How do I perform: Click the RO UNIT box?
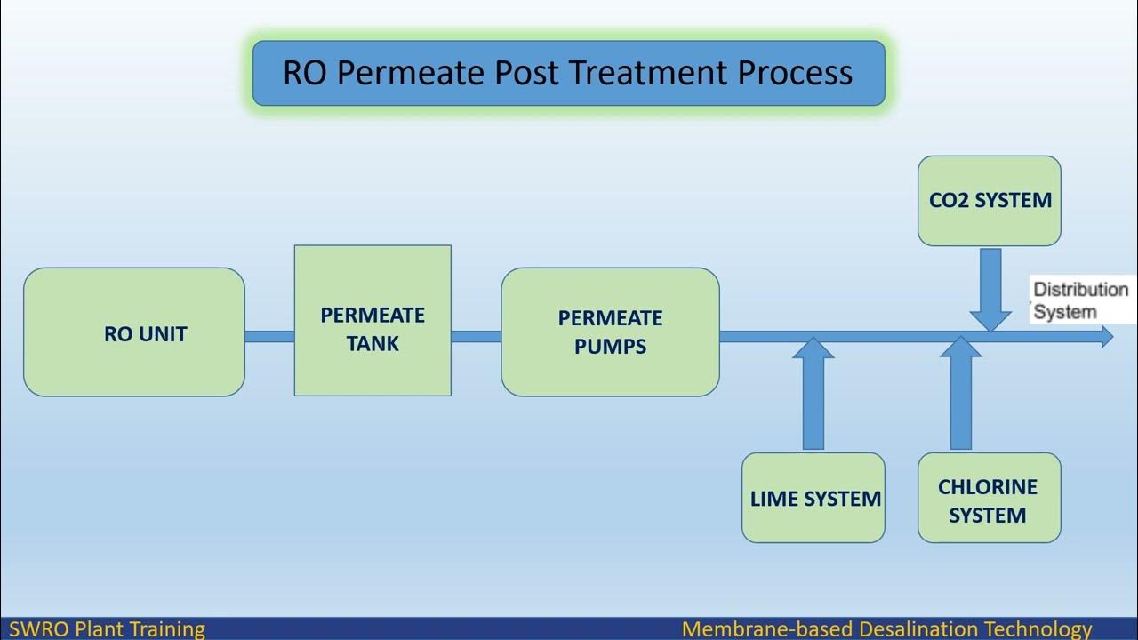pyautogui.click(x=133, y=332)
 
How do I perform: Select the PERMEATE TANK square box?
pyautogui.click(x=373, y=321)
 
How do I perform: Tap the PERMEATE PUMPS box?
pyautogui.click(x=610, y=332)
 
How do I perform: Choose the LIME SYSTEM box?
pyautogui.click(x=813, y=498)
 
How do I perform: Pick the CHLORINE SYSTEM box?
pyautogui.click(x=989, y=498)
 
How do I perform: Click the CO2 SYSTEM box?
pyautogui.click(x=989, y=201)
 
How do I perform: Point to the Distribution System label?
pyautogui.click(x=1079, y=300)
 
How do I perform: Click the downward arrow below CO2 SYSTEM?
pyautogui.click(x=990, y=289)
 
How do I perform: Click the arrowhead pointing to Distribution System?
pyautogui.click(x=1106, y=336)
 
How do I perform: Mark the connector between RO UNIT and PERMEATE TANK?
pyautogui.click(x=269, y=337)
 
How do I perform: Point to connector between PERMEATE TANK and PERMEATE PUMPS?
pyautogui.click(x=476, y=337)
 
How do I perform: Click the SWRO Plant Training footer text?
pyautogui.click(x=107, y=629)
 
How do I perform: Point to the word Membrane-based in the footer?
pyautogui.click(x=767, y=629)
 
